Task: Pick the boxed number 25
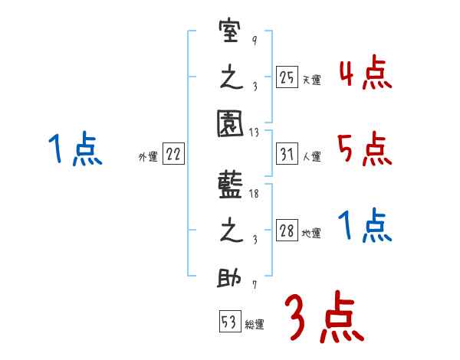pyautogui.click(x=287, y=77)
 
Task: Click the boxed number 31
pyautogui.click(x=287, y=154)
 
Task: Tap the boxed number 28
pyautogui.click(x=287, y=231)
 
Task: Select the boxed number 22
pyautogui.click(x=173, y=154)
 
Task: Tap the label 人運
pyautogui.click(x=311, y=157)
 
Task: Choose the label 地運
pyautogui.click(x=311, y=234)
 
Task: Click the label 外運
pyautogui.click(x=147, y=157)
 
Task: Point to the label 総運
pyautogui.click(x=255, y=324)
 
